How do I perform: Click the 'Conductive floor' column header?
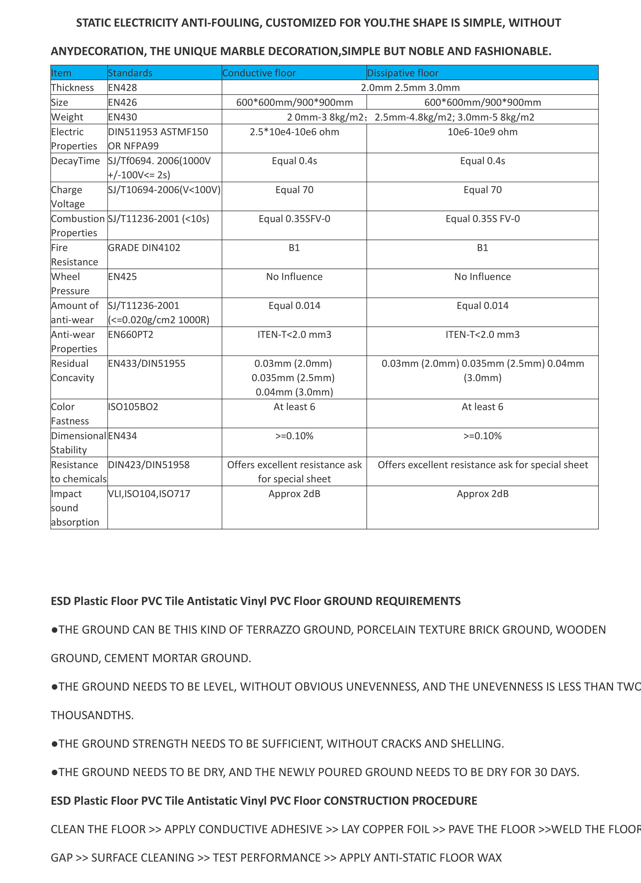click(x=259, y=73)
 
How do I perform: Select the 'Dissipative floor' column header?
click(x=403, y=73)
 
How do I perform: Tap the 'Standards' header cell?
click(x=130, y=73)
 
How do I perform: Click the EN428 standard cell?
click(x=122, y=88)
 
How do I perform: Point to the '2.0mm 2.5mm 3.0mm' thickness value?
click(x=410, y=88)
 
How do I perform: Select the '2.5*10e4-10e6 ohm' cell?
click(x=294, y=132)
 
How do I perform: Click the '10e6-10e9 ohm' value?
click(x=482, y=132)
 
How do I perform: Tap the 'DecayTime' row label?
click(x=76, y=161)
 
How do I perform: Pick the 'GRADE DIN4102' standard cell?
click(x=144, y=248)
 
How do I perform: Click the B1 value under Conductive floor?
click(x=294, y=248)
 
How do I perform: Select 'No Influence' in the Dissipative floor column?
click(x=482, y=277)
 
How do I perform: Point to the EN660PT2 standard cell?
click(x=131, y=335)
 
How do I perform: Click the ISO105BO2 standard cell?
click(x=133, y=407)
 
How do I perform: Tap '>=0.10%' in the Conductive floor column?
click(x=294, y=436)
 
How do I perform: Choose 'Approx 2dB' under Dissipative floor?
click(x=482, y=494)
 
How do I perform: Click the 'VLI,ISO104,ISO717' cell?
click(x=149, y=494)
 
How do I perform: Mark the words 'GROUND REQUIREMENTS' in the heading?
click(x=392, y=601)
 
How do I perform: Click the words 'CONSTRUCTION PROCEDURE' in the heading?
click(x=400, y=800)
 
